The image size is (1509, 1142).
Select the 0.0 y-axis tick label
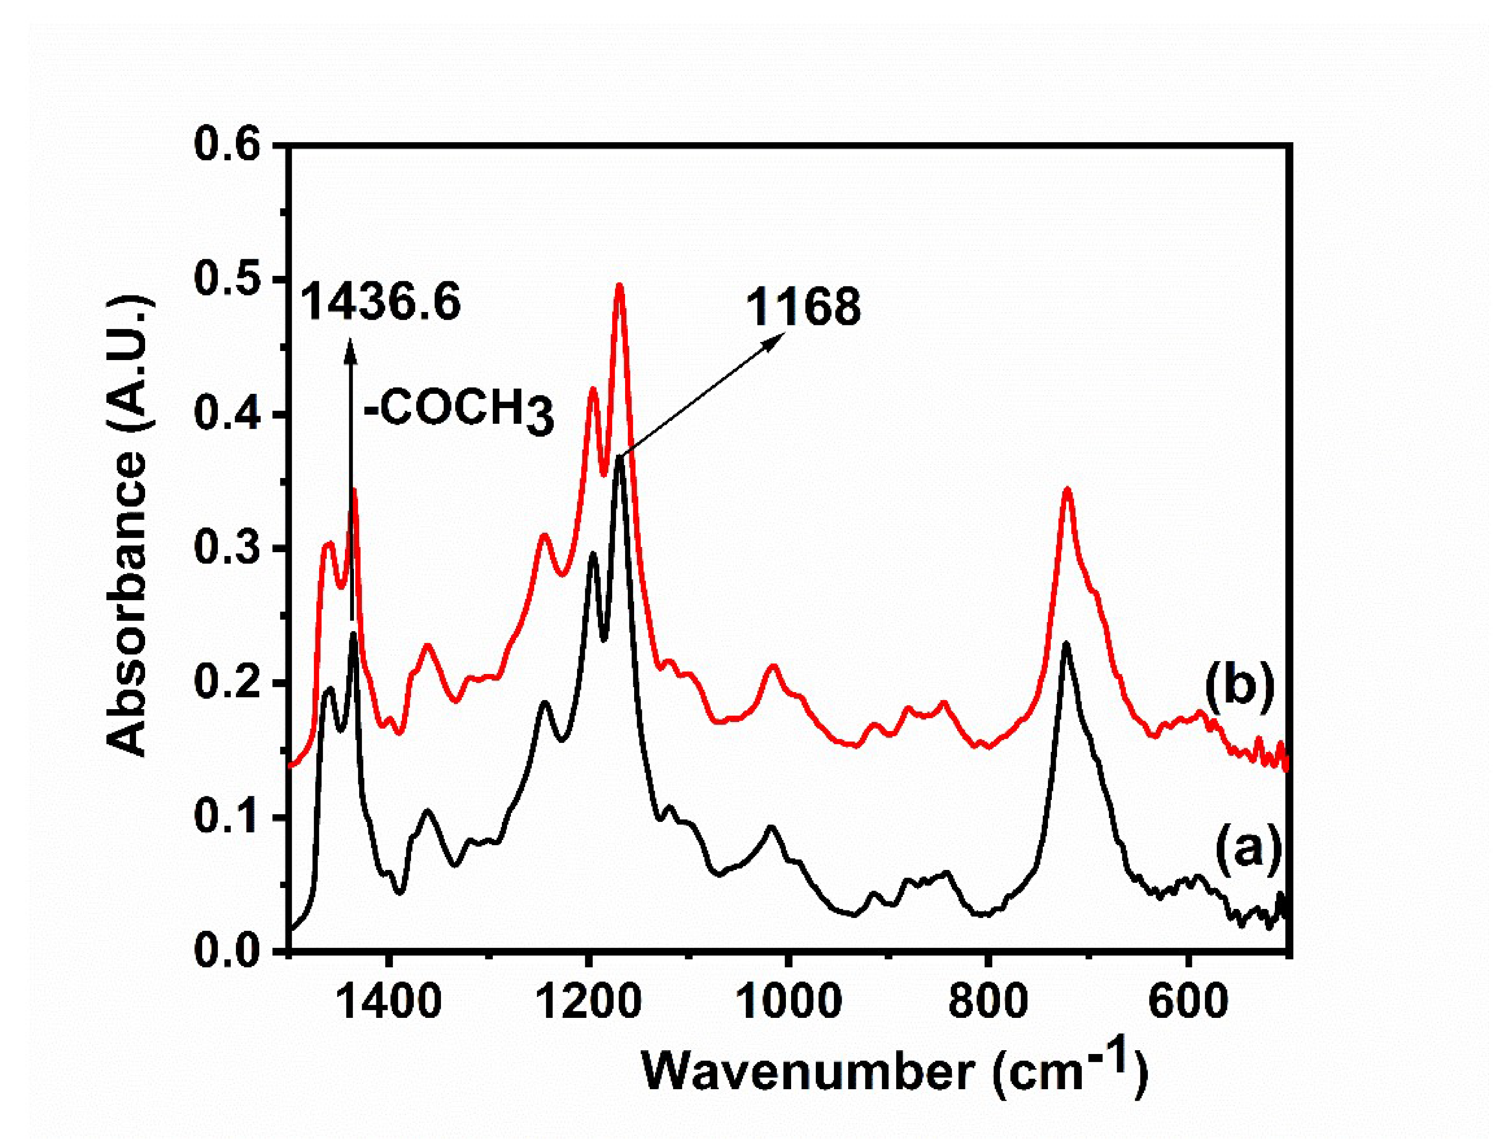(227, 951)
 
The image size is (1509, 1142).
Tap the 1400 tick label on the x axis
(389, 1003)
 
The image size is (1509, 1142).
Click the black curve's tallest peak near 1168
(619, 456)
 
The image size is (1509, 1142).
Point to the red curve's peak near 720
(1067, 488)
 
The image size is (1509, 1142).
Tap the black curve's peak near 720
(1066, 643)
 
